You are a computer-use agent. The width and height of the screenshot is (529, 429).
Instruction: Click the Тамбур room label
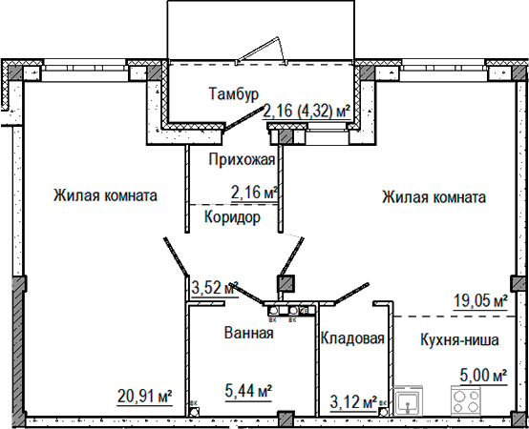coord(234,93)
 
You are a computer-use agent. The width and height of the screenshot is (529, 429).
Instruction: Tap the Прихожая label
coord(242,159)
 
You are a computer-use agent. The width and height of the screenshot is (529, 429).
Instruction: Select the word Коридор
coord(232,217)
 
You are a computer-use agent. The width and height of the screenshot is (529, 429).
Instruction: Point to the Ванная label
coord(248,333)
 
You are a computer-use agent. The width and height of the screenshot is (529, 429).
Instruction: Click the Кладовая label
coord(352,338)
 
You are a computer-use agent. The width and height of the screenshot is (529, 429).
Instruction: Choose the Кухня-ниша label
coord(459,339)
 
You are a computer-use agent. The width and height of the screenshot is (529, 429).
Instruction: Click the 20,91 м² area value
coord(145,396)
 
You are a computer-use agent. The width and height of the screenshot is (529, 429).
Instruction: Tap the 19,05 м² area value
coord(480,300)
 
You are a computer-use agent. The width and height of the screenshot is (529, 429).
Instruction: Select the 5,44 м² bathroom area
coord(248,391)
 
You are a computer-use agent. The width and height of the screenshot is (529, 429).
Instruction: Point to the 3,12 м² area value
coord(353,402)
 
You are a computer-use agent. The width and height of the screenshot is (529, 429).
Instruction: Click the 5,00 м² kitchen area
coord(483,375)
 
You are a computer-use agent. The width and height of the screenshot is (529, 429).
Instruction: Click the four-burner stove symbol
coord(466,400)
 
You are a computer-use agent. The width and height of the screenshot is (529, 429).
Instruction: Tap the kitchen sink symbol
coord(409,400)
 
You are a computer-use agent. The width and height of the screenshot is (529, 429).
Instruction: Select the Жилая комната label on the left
coord(105,195)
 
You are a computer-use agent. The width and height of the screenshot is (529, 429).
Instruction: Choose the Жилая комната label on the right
coord(434,197)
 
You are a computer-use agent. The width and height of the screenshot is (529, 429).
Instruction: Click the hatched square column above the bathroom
coord(286,283)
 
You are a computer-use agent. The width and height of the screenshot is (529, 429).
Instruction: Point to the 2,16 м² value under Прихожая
coord(254,193)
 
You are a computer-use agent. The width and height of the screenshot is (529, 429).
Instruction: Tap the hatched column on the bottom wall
coord(286,419)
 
